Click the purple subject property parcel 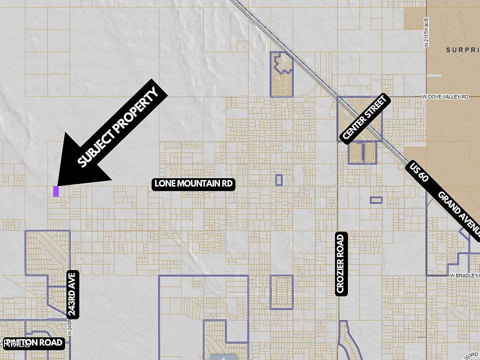pos(56,191)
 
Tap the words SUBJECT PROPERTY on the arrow pos(118,127)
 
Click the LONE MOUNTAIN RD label pos(193,183)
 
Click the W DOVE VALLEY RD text pos(445,96)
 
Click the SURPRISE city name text pos(462,50)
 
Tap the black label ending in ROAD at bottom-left pos(34,342)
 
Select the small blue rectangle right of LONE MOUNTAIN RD pos(279,179)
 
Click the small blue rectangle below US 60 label pos(376,200)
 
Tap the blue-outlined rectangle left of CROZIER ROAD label pos(281,292)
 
